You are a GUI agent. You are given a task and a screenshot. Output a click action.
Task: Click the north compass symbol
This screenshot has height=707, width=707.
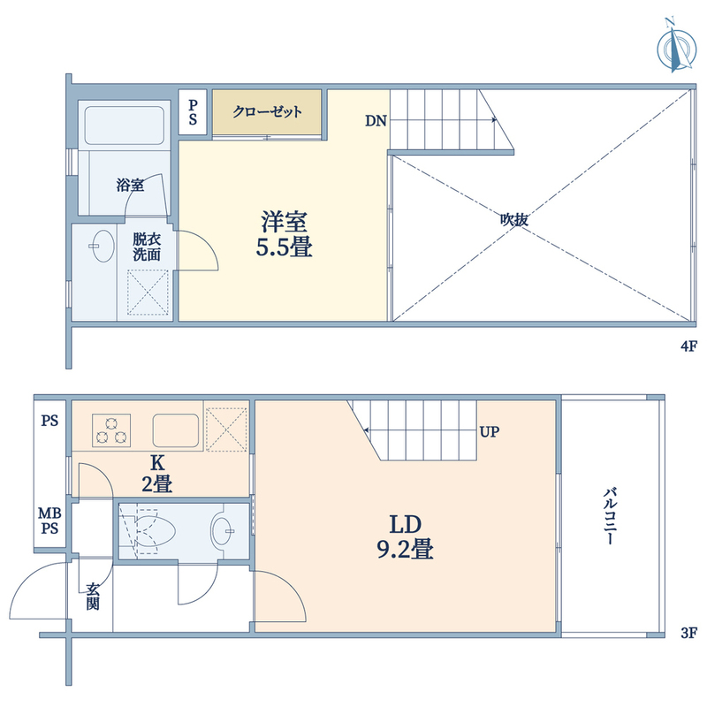pos(676,48)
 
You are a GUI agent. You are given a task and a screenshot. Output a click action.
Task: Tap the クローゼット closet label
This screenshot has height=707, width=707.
pos(267,111)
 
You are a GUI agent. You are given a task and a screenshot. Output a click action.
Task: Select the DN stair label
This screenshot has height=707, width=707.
pos(376,121)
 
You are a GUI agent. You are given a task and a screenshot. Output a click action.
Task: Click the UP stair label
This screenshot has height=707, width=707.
pos(490,432)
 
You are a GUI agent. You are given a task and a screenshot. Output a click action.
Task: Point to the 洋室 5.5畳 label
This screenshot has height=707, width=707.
pos(284,234)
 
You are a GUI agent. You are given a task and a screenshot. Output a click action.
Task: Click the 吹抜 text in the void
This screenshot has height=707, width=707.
pos(514,219)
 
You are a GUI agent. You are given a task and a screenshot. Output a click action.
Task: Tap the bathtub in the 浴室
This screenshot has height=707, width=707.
pos(124,125)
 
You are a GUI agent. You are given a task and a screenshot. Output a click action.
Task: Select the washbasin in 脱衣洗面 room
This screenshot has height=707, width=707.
pos(103,247)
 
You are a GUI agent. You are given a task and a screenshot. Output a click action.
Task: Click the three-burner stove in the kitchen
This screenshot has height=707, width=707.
pos(111,430)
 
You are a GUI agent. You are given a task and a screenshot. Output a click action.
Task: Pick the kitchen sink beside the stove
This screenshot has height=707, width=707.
pos(176,430)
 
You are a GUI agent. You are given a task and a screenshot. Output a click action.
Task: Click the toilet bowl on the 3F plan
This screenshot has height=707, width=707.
pos(153,532)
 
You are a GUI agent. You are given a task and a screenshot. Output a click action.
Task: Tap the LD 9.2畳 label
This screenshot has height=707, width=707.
pos(405,537)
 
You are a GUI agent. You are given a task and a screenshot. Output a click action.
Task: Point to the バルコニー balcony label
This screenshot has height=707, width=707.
pos(610,515)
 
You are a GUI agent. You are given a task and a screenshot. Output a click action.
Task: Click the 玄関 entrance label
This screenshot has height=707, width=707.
pos(93,596)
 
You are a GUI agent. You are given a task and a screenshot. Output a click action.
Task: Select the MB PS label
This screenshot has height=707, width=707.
pos(49,521)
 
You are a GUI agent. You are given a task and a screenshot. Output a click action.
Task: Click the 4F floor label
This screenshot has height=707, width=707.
pos(688,346)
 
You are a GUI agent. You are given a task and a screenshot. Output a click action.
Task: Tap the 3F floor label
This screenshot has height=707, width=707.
pos(688,633)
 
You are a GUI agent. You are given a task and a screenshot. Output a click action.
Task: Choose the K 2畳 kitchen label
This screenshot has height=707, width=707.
pos(157,474)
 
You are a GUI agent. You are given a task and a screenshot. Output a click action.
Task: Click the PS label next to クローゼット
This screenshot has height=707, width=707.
pos(193,112)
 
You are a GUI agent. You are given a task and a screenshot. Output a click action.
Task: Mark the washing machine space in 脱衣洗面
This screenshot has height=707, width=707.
pos(148,293)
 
